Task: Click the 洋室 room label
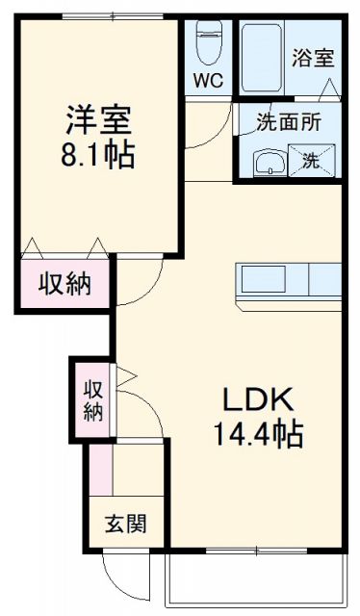[x=99, y=121]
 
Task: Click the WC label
[x=209, y=81]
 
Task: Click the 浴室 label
[x=313, y=58]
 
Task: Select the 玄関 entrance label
[x=126, y=524]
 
